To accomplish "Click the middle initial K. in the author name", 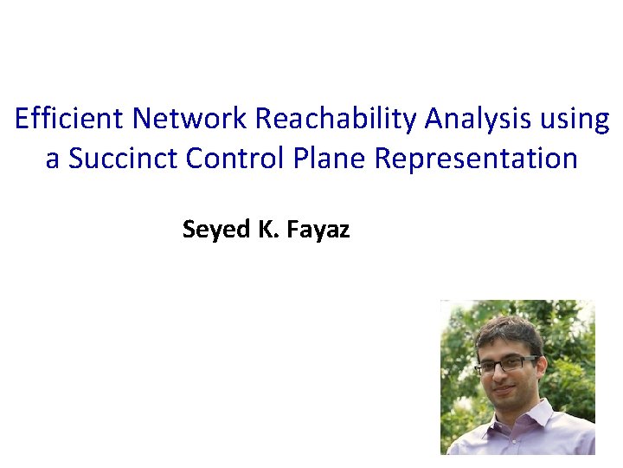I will (263, 229).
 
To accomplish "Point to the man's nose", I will (501, 376).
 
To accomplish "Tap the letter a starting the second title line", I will (52, 159).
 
